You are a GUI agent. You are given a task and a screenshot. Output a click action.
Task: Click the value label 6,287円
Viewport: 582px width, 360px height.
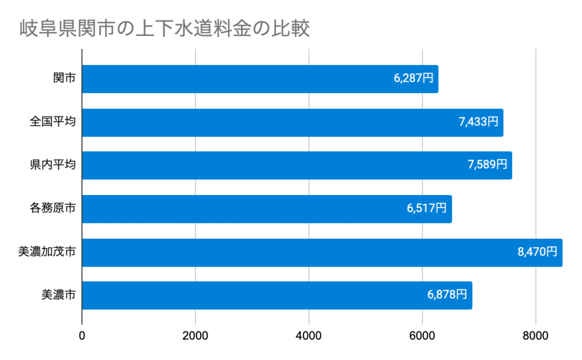(x=413, y=78)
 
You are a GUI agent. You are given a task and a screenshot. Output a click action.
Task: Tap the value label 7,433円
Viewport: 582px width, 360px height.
(x=479, y=122)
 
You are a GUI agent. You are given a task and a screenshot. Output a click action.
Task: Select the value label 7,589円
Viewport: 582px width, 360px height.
(x=487, y=165)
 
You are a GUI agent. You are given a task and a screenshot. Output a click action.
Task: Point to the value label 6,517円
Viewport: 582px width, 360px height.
(x=427, y=209)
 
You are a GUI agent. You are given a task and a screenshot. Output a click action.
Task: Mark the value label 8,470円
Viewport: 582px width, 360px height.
(x=538, y=252)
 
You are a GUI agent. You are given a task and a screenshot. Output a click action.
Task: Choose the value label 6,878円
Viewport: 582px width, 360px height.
(x=447, y=295)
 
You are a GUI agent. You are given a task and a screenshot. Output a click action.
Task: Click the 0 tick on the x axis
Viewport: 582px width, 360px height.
(x=82, y=337)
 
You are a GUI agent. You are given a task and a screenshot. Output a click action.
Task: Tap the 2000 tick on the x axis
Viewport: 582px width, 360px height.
(x=196, y=337)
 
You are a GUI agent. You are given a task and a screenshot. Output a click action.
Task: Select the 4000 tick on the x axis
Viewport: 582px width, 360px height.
(x=309, y=337)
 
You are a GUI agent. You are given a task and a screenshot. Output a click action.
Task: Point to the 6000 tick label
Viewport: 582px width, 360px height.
(x=422, y=337)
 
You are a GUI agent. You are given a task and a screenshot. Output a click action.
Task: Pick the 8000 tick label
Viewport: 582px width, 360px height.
(x=535, y=337)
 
